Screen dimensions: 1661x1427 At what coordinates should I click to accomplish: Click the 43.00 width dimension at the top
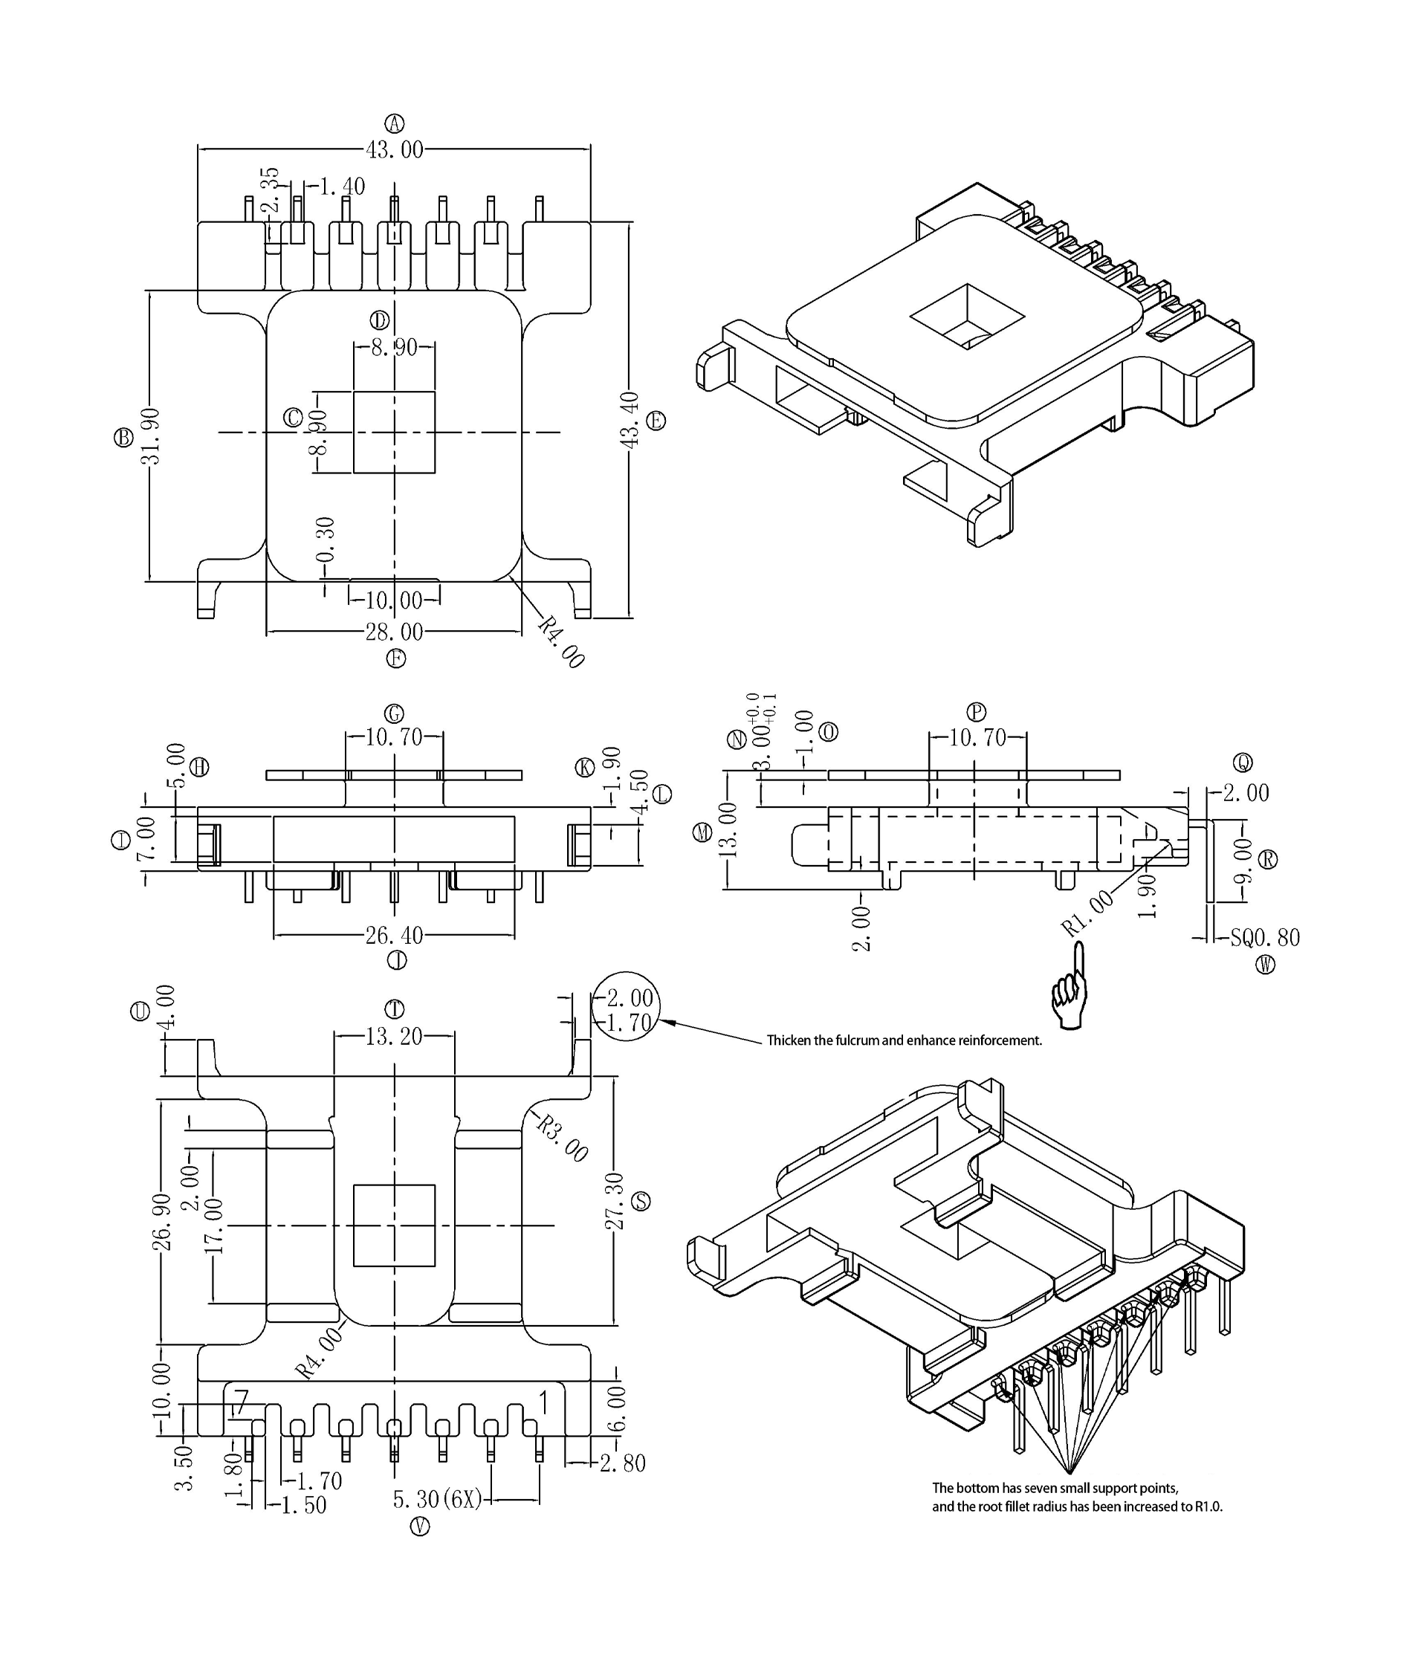(x=395, y=150)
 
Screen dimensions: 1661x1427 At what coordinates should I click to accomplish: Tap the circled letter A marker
(x=395, y=123)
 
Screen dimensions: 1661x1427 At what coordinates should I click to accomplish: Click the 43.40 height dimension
(x=630, y=420)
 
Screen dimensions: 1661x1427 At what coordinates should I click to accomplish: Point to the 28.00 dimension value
(x=395, y=632)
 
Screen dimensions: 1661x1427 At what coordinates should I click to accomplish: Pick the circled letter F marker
(x=395, y=658)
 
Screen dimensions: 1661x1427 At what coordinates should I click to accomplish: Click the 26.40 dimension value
(x=395, y=935)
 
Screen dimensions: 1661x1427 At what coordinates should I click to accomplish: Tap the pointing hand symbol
(x=1072, y=987)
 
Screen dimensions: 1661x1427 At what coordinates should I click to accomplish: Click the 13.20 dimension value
(x=394, y=1037)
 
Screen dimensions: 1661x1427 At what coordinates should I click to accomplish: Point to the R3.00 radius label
(x=562, y=1139)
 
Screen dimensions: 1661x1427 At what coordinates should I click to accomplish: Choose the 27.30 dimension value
(x=614, y=1201)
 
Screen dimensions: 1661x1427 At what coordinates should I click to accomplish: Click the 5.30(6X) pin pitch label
(x=438, y=1498)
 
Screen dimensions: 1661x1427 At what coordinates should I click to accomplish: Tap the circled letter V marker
(x=419, y=1526)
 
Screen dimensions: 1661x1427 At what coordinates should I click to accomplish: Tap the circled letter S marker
(x=641, y=1201)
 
